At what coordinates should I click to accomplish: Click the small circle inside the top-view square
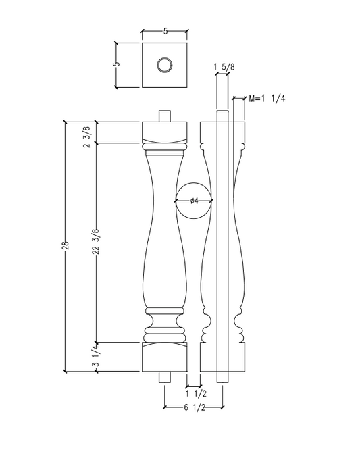(164, 66)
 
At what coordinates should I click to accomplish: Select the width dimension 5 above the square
(164, 30)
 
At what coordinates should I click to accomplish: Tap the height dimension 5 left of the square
(116, 64)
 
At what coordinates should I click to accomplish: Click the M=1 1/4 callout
(267, 99)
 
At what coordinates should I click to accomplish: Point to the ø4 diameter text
(193, 201)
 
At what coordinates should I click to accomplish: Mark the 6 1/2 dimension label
(194, 407)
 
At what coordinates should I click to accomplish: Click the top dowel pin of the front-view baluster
(164, 116)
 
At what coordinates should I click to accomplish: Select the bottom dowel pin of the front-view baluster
(164, 377)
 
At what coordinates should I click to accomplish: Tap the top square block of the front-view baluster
(164, 132)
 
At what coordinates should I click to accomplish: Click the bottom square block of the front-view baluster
(164, 357)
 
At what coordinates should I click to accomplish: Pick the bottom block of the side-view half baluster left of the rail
(208, 357)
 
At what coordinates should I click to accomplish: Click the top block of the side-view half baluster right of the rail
(240, 132)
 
